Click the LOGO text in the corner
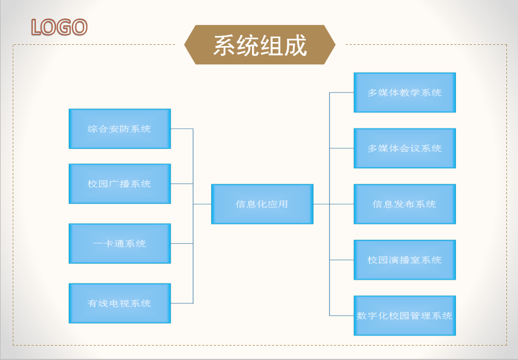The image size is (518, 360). click(59, 27)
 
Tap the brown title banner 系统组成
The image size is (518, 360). click(260, 45)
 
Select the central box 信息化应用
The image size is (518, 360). click(262, 204)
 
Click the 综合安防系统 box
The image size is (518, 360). click(120, 129)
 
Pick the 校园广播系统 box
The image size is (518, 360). click(120, 184)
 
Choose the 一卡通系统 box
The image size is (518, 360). click(120, 243)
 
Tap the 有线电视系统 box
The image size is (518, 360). click(120, 303)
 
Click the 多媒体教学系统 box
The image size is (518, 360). click(404, 92)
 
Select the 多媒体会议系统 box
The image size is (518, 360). click(404, 148)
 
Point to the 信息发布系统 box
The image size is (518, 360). click(404, 204)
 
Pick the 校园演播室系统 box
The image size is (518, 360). click(404, 260)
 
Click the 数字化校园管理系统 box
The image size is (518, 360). click(404, 316)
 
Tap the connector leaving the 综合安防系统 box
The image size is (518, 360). click(182, 129)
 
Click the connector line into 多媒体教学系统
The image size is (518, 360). click(342, 92)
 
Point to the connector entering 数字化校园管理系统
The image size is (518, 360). click(342, 316)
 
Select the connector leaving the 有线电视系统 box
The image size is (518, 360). click(182, 303)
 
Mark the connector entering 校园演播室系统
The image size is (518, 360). click(342, 260)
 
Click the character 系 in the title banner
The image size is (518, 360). click(224, 45)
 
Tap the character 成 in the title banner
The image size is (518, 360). click(295, 45)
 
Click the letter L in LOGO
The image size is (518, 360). click(37, 27)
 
